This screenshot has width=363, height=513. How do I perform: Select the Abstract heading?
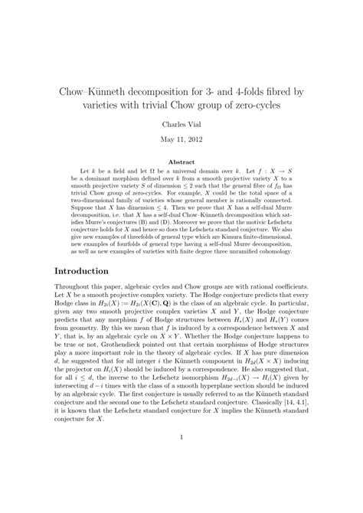tap(181, 162)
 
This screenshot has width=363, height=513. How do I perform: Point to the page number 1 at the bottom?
tap(181, 482)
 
